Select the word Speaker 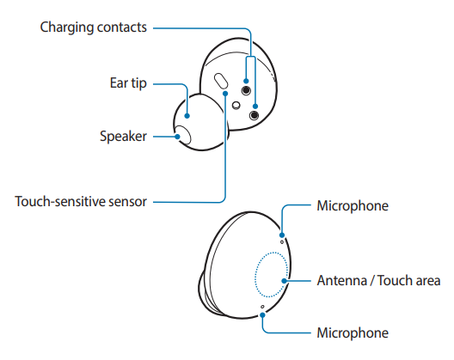[x=123, y=136]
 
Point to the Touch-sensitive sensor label [x=81, y=202]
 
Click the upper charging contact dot [x=248, y=90]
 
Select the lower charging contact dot [x=255, y=113]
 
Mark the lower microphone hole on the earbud [x=263, y=307]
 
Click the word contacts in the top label [x=121, y=27]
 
